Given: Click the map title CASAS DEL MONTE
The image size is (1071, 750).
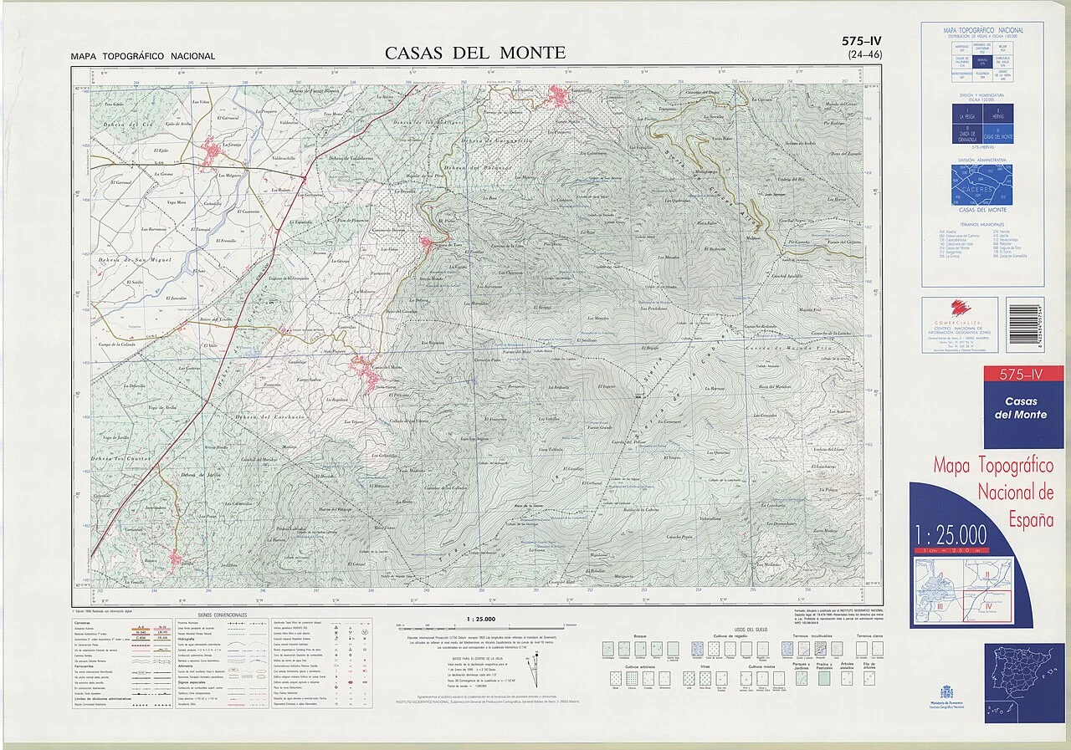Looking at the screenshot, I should point(474,53).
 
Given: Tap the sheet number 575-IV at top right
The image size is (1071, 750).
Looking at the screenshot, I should point(862,41).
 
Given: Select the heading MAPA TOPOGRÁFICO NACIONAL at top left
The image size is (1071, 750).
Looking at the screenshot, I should point(143,57).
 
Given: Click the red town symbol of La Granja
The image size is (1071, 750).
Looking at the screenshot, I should point(212,151).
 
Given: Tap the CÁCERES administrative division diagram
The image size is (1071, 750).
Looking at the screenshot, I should point(981,185).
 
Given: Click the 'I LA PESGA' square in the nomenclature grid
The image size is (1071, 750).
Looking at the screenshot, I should point(967,113).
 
